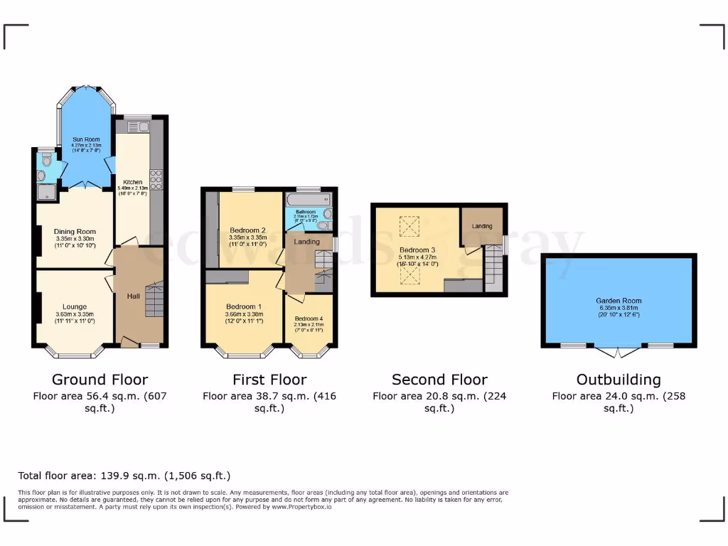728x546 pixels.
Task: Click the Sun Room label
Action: point(85,139)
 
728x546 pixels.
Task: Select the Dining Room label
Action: point(75,231)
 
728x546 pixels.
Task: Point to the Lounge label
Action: point(75,307)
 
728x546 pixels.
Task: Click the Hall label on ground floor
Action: point(133,296)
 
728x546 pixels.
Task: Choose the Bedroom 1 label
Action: point(244,307)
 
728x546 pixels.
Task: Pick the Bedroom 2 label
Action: point(247,230)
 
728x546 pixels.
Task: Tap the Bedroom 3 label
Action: point(417,250)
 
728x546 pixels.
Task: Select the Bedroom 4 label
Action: point(309,318)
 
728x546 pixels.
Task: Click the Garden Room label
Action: point(617,301)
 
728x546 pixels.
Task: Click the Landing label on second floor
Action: point(482,226)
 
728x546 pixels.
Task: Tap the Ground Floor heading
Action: point(100,380)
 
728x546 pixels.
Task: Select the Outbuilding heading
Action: point(618,380)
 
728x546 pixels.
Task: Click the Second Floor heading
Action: point(439,380)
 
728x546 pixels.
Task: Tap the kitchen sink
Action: point(136,127)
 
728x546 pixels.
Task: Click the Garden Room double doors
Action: point(617,350)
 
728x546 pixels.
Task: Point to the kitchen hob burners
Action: point(156,180)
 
